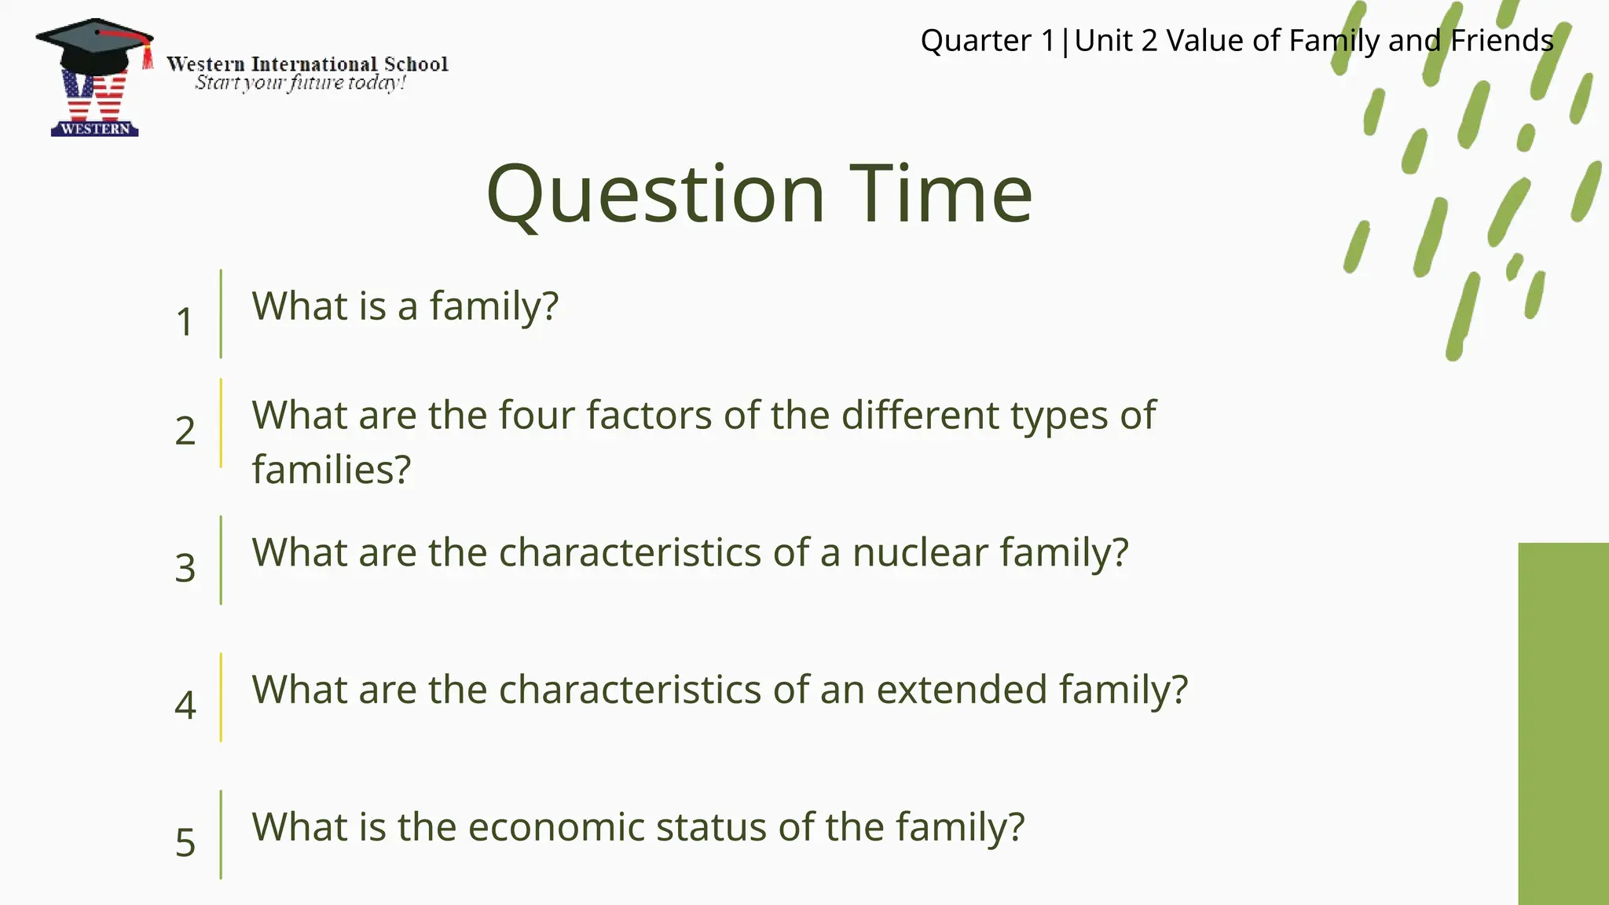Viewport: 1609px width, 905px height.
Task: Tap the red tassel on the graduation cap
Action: [147, 57]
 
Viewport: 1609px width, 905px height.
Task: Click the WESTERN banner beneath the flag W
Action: [94, 129]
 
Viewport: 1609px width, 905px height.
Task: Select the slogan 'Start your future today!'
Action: [300, 82]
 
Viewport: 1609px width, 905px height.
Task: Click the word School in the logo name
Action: [416, 64]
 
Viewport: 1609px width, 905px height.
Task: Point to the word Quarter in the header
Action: [975, 41]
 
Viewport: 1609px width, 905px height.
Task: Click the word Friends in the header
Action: [1501, 41]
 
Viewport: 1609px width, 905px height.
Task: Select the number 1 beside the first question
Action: [185, 322]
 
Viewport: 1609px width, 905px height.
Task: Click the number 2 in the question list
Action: [185, 431]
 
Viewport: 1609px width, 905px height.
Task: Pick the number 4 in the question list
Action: [185, 705]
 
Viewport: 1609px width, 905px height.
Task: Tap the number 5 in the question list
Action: [185, 842]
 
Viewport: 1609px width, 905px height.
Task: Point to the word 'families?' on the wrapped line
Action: [331, 470]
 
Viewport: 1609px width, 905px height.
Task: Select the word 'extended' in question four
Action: [962, 690]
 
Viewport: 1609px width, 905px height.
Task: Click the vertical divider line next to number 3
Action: [221, 560]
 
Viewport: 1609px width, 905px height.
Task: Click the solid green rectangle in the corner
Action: [1563, 723]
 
